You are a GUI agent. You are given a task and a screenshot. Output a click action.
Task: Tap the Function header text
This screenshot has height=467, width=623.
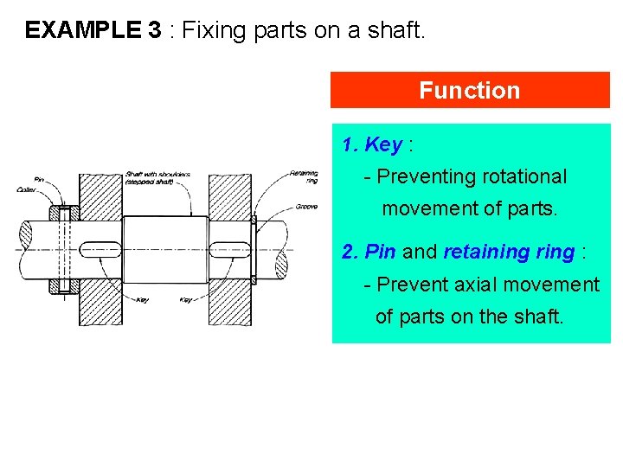pyautogui.click(x=469, y=91)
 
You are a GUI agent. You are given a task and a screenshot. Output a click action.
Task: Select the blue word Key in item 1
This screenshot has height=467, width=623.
pyautogui.click(x=383, y=144)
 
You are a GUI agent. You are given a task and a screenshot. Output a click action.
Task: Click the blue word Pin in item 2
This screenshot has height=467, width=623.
pyautogui.click(x=381, y=252)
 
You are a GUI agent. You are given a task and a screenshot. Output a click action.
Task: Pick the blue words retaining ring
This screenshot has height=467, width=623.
pyautogui.click(x=509, y=252)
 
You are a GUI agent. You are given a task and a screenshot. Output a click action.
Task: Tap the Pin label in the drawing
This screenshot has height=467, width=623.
pyautogui.click(x=39, y=179)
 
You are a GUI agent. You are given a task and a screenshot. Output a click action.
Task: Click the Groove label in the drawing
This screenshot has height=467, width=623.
pyautogui.click(x=306, y=207)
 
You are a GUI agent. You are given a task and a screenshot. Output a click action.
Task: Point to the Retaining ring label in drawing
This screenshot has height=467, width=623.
pyautogui.click(x=304, y=176)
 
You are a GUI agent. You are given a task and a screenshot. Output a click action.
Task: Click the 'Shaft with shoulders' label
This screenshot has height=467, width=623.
pyautogui.click(x=157, y=177)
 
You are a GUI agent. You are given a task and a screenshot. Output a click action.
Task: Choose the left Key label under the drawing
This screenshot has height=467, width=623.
pyautogui.click(x=143, y=300)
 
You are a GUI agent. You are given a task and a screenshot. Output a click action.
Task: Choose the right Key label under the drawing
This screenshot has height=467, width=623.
pyautogui.click(x=186, y=300)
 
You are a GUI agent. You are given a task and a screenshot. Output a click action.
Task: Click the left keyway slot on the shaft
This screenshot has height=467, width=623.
pyautogui.click(x=100, y=250)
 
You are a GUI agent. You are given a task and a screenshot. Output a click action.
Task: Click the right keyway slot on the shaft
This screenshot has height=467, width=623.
pyautogui.click(x=230, y=250)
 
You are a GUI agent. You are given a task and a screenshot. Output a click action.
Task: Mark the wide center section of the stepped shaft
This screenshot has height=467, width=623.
pyautogui.click(x=164, y=250)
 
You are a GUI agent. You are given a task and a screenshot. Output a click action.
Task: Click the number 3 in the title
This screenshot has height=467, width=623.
pyautogui.click(x=154, y=31)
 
